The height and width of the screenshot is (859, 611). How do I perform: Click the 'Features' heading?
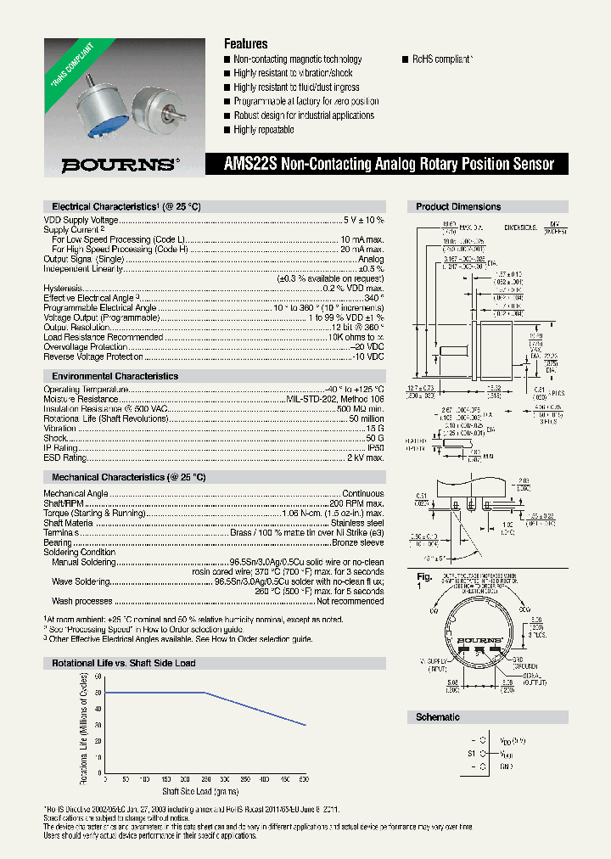coord(245,43)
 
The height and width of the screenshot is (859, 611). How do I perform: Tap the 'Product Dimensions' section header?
coord(458,207)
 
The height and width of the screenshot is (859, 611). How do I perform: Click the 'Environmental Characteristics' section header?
coord(115,376)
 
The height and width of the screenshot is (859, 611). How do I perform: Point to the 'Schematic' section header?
coord(438,717)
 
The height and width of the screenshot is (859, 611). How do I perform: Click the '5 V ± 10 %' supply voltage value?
coord(363,220)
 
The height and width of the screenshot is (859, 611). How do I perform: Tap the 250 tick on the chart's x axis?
coord(205,778)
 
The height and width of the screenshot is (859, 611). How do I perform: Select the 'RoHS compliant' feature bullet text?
coord(442,59)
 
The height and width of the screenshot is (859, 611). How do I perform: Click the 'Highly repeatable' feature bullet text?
coord(264,130)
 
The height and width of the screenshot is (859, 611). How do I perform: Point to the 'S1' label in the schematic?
coord(472,753)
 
